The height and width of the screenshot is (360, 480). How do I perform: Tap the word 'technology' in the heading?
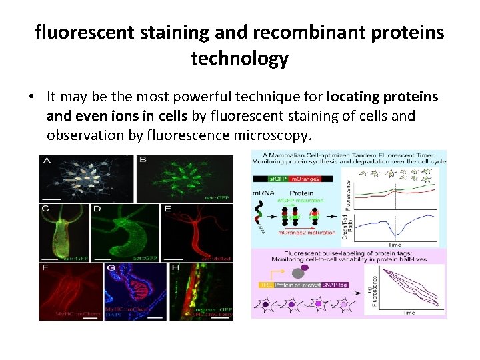(239, 58)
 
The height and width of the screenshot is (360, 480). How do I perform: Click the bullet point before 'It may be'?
(31, 97)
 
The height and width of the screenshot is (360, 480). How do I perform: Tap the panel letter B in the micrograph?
(143, 161)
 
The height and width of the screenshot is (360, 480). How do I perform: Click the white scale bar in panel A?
(50, 197)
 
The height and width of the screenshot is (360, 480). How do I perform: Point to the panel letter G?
(111, 269)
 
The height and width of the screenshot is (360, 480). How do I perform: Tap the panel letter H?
(175, 269)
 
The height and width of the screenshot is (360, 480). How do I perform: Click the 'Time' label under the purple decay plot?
(409, 312)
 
